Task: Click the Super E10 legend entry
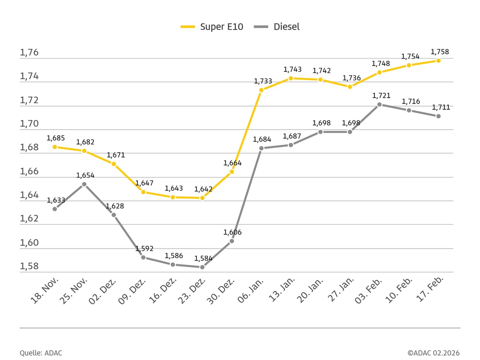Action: (212, 27)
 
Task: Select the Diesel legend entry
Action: (277, 27)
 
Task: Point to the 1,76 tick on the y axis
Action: (29, 52)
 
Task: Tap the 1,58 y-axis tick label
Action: (29, 266)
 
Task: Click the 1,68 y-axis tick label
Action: (29, 147)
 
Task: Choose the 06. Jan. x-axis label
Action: (251, 290)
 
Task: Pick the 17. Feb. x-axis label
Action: (430, 290)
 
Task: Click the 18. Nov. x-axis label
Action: (45, 291)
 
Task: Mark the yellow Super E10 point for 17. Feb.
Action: (438, 60)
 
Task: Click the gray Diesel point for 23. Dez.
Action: (202, 267)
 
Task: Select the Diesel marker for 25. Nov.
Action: (84, 184)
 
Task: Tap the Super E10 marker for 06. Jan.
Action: (261, 90)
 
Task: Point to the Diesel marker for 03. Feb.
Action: (380, 104)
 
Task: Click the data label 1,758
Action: (440, 52)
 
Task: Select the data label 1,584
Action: (203, 258)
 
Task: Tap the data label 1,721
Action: (381, 96)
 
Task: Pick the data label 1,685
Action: (56, 138)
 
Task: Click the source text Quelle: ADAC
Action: (41, 353)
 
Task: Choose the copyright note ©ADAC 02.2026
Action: (434, 353)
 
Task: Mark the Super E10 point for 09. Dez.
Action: (143, 192)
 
